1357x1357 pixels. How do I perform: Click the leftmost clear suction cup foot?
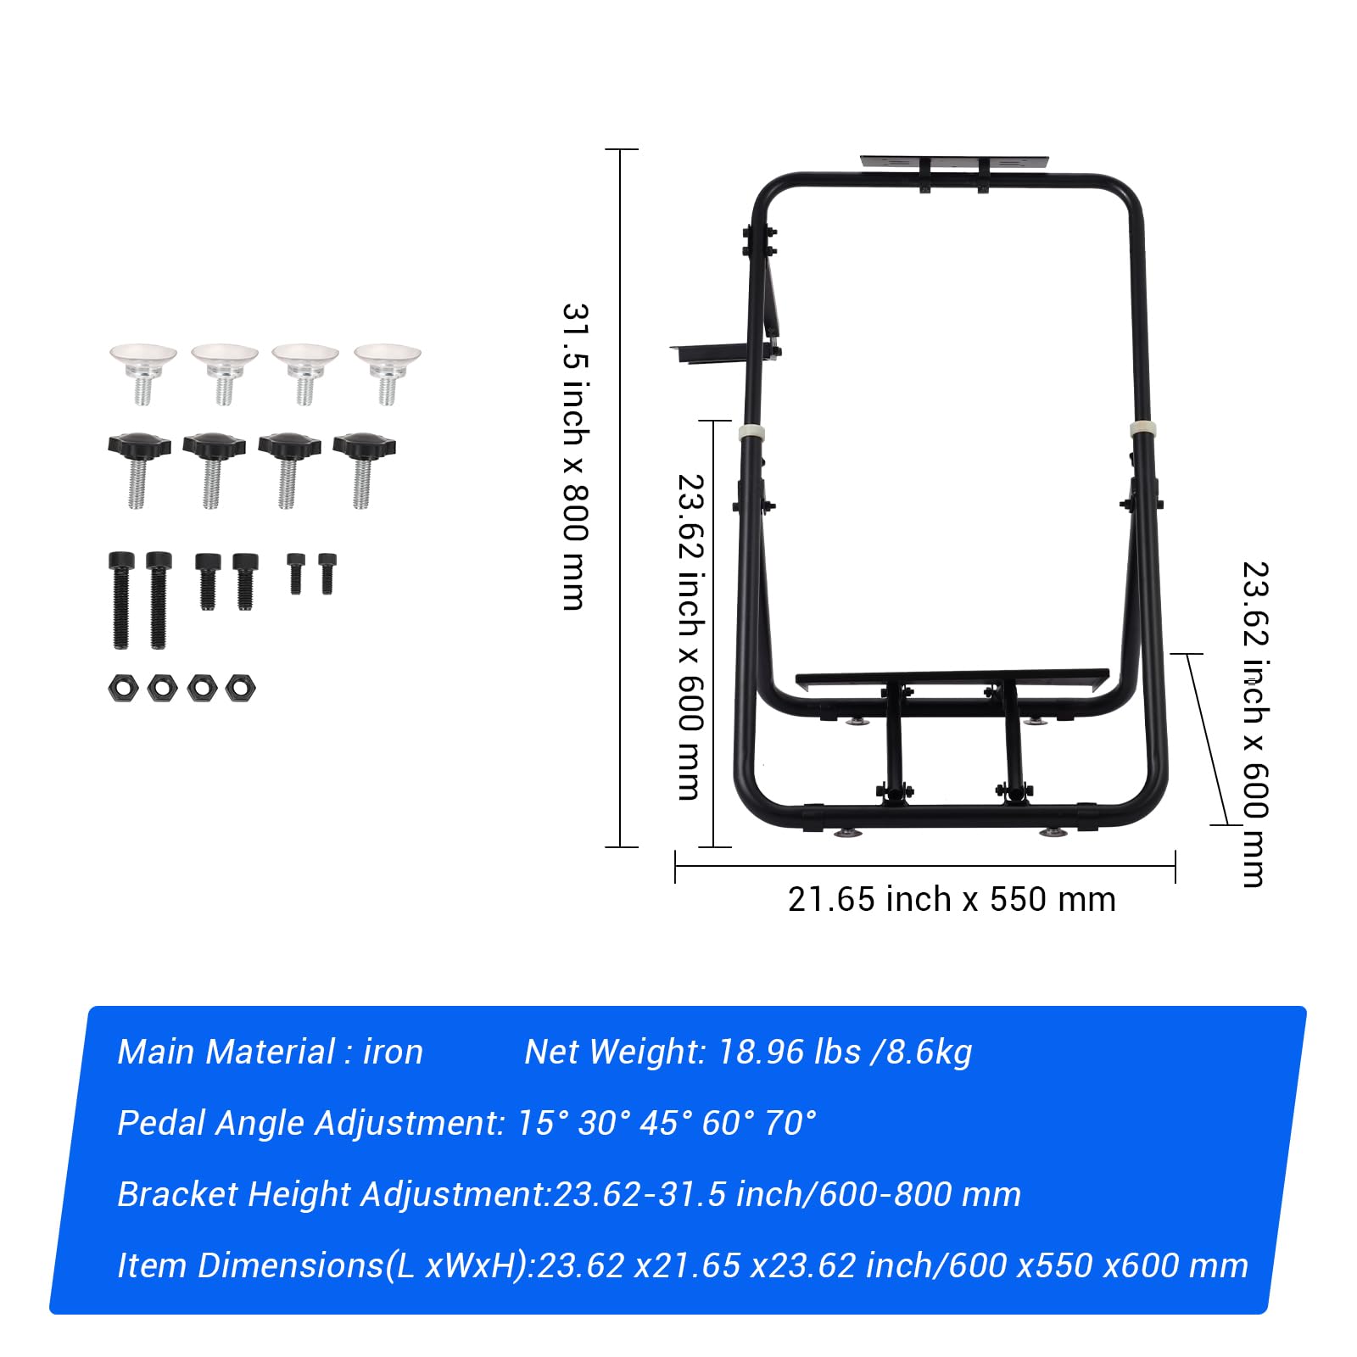coord(142,371)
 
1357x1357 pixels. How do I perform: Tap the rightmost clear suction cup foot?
coord(388,371)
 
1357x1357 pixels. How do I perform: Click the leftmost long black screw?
coord(121,600)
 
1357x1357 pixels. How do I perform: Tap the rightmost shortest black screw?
coord(327,573)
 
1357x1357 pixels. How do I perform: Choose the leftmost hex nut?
coord(123,687)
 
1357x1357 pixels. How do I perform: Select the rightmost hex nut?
coord(240,687)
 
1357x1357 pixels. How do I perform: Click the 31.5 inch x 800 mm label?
coord(575,456)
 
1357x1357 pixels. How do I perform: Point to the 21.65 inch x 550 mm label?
coord(952,900)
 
